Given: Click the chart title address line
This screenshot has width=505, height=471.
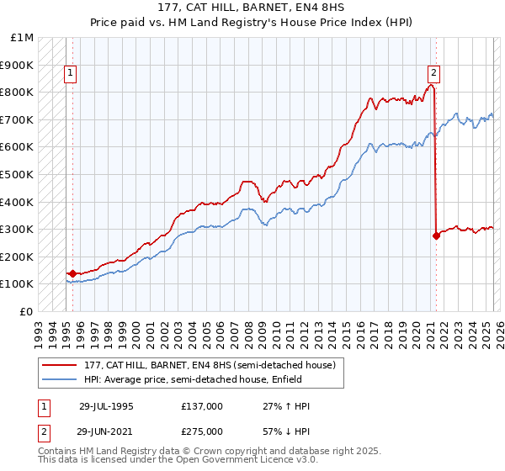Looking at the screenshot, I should pos(252,8).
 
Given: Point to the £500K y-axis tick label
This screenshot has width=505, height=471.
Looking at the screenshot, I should pos(17,175).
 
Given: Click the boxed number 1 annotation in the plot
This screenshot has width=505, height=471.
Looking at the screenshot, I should pos(72,73).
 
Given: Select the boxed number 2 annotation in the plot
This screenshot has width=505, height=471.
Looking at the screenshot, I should pos(433,73).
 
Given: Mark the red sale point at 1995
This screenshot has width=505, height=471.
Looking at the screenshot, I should pos(72,273).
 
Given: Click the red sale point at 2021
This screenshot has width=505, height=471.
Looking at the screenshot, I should pos(436,236).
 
